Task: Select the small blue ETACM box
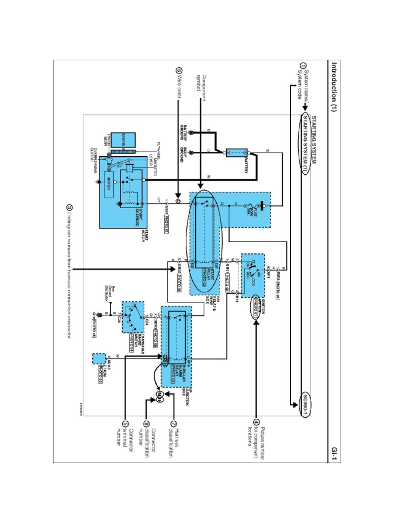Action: [99, 358]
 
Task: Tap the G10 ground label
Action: [94, 316]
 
